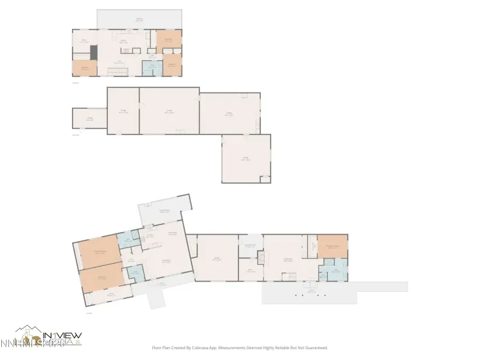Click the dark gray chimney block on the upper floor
pos(93,52)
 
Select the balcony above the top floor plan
pos(139,19)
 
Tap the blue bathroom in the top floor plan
pos(151,68)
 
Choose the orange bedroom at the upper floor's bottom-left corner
pos(84,68)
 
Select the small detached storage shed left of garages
pos(89,118)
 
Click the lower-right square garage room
pos(246,158)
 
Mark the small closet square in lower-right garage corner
pos(265,179)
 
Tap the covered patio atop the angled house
pos(164,209)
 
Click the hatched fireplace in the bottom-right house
pos(262,259)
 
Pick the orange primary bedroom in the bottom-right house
pos(332,246)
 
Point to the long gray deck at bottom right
pos(334,292)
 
